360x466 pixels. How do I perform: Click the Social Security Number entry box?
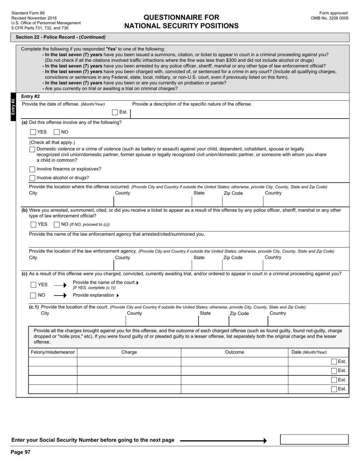pos(314,439)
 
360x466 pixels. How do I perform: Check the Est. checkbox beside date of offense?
pos(115,112)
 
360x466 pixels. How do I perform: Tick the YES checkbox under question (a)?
pos(33,132)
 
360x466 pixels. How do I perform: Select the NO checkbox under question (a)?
pos(57,132)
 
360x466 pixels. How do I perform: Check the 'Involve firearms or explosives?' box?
pos(32,169)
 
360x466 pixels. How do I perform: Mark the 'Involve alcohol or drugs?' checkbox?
pos(32,178)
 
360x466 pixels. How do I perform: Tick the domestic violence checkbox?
pos(32,149)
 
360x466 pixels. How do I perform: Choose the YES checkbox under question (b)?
pos(33,225)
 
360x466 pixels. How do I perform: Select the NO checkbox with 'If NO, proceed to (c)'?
pos(57,225)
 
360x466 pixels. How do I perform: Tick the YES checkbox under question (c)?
pos(33,285)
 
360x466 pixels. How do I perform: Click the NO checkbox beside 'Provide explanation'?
pos(33,296)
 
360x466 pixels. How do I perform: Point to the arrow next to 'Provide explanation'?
pos(60,296)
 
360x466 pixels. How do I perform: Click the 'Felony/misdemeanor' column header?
pos(53,352)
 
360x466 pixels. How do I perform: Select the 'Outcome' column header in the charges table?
pos(234,352)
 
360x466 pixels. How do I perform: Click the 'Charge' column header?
pos(129,352)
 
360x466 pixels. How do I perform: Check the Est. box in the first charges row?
pos(334,362)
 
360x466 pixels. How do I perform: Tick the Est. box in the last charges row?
pos(334,389)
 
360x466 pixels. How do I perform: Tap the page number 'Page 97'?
pos(20,452)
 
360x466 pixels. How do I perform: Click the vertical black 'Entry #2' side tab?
pos(13,107)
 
